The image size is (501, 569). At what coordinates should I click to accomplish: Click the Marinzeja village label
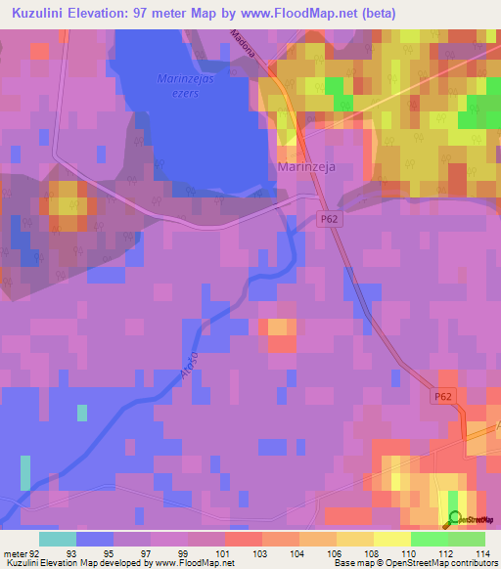[x=306, y=167]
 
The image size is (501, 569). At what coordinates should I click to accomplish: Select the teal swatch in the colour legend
[x=58, y=539]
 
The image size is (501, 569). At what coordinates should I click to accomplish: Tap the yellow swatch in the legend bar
[x=391, y=539]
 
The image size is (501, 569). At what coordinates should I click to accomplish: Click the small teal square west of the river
[x=82, y=412]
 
